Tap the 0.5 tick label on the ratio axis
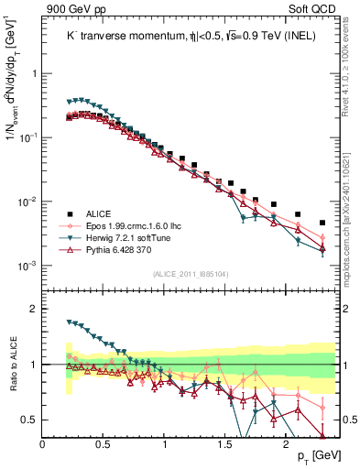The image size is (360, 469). [29, 420]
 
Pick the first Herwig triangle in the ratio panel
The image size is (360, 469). [69, 322]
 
